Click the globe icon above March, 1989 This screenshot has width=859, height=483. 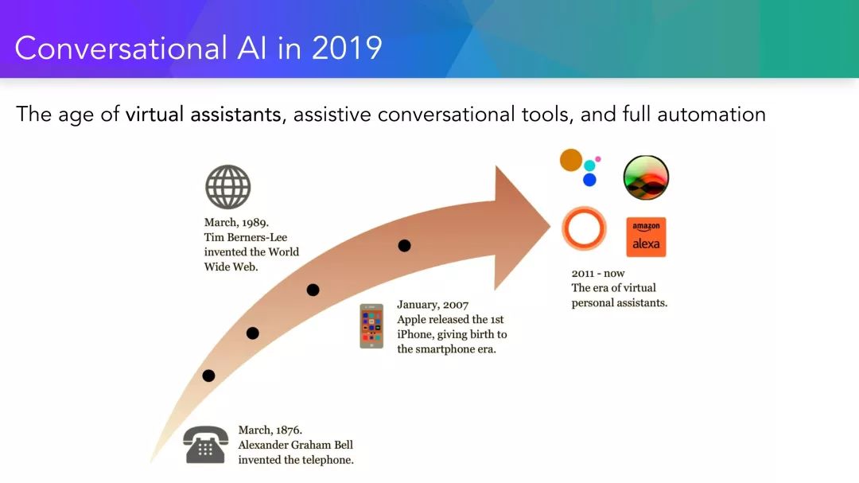[x=228, y=187]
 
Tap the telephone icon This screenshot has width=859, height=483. [x=205, y=445]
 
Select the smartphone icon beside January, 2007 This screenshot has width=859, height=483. [x=371, y=326]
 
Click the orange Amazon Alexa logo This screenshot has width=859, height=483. [x=646, y=237]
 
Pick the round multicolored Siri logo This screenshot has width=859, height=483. [x=646, y=177]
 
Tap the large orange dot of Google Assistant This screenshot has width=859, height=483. [x=571, y=160]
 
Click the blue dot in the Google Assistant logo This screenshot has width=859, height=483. [x=589, y=180]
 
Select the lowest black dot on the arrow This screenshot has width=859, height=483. [x=208, y=376]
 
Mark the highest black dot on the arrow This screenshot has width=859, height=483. [x=404, y=246]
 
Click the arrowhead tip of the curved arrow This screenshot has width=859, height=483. [x=550, y=224]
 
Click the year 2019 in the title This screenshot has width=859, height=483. [x=347, y=49]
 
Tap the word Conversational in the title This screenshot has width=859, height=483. [x=121, y=49]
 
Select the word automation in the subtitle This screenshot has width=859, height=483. [x=711, y=115]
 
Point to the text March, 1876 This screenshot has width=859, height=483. [x=270, y=430]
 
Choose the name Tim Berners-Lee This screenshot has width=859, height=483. [x=246, y=237]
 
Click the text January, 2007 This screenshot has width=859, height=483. [x=433, y=305]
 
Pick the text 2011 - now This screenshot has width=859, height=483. [x=597, y=273]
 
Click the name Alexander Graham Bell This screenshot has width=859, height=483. [x=295, y=445]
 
